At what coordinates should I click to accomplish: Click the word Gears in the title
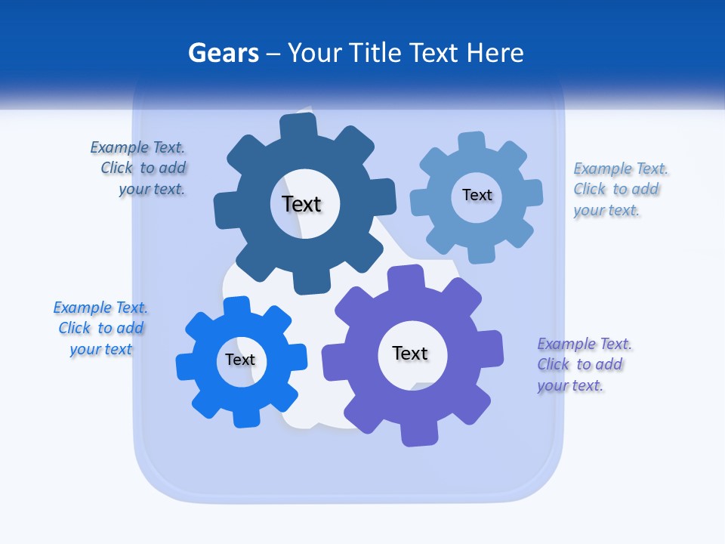(223, 54)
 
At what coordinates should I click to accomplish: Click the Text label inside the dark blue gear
(301, 204)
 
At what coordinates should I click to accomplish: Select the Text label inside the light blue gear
(477, 195)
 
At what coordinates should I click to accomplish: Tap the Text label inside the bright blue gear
(240, 360)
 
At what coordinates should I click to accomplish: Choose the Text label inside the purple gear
(410, 353)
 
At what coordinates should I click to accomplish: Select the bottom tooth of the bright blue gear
(245, 417)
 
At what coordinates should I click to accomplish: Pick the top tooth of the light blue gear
(470, 141)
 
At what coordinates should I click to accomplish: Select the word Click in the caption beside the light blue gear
(590, 189)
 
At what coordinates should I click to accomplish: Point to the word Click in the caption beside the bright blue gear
(75, 328)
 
